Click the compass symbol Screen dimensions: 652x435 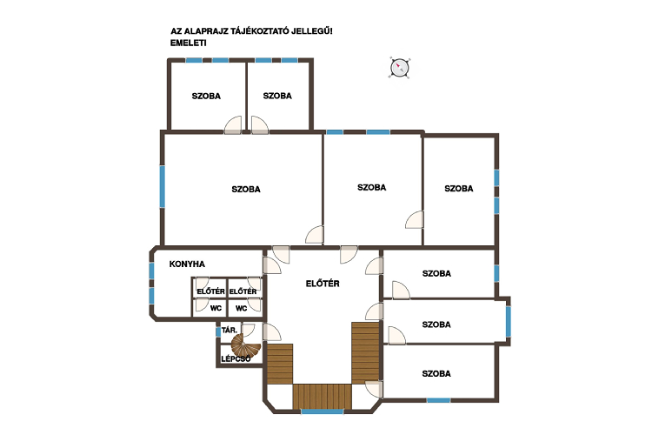pos(400,68)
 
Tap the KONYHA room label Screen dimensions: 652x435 pos(187,264)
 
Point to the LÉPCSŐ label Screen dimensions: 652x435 pos(236,358)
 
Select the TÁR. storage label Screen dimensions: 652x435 pos(230,330)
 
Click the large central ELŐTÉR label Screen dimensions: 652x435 pos(323,284)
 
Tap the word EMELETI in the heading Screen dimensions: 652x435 pos(189,43)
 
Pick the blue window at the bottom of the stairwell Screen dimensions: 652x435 pos(323,412)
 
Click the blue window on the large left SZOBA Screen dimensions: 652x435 pos(163,186)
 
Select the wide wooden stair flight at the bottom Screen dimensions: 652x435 pos(323,397)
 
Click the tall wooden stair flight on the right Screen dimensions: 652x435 pos(365,352)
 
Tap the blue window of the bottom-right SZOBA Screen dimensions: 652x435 pos(439,400)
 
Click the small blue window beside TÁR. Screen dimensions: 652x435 pos(218,331)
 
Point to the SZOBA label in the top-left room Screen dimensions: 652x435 pos(206,97)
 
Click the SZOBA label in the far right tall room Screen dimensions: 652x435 pos(459,189)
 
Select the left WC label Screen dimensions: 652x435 pos(216,309)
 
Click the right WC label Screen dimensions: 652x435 pos(241,309)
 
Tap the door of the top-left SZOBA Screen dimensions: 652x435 pos(233,125)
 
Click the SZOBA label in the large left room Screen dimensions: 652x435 pos(246,190)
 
